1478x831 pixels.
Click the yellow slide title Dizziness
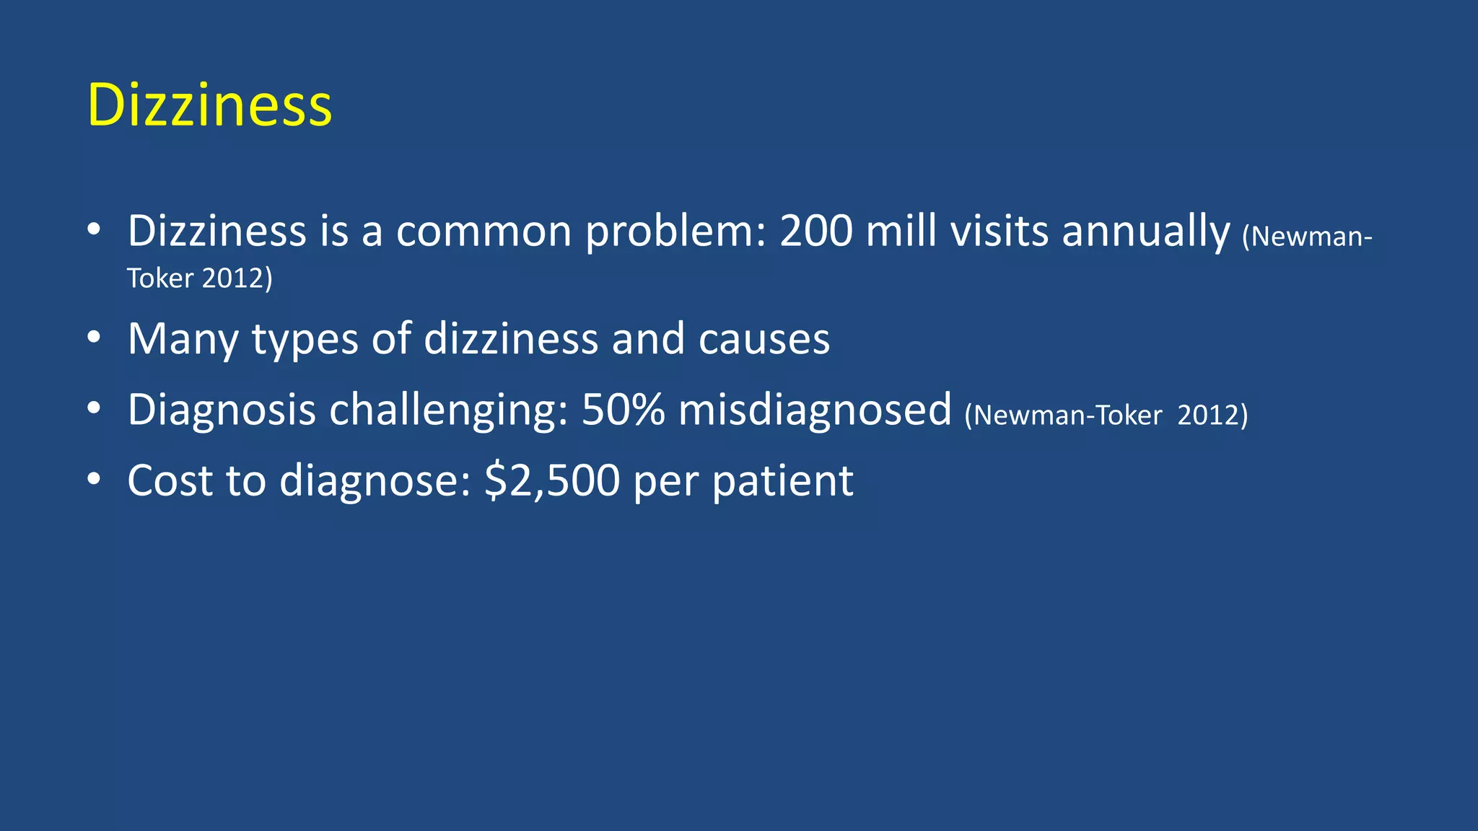209,105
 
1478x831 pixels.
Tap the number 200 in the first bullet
815,232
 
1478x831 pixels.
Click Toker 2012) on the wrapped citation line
200,278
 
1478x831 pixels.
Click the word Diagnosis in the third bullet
222,410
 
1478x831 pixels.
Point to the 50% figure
623,410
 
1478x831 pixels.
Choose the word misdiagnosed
815,410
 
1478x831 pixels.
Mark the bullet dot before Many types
93,338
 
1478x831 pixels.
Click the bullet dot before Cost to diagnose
93,479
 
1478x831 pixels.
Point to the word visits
999,232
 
